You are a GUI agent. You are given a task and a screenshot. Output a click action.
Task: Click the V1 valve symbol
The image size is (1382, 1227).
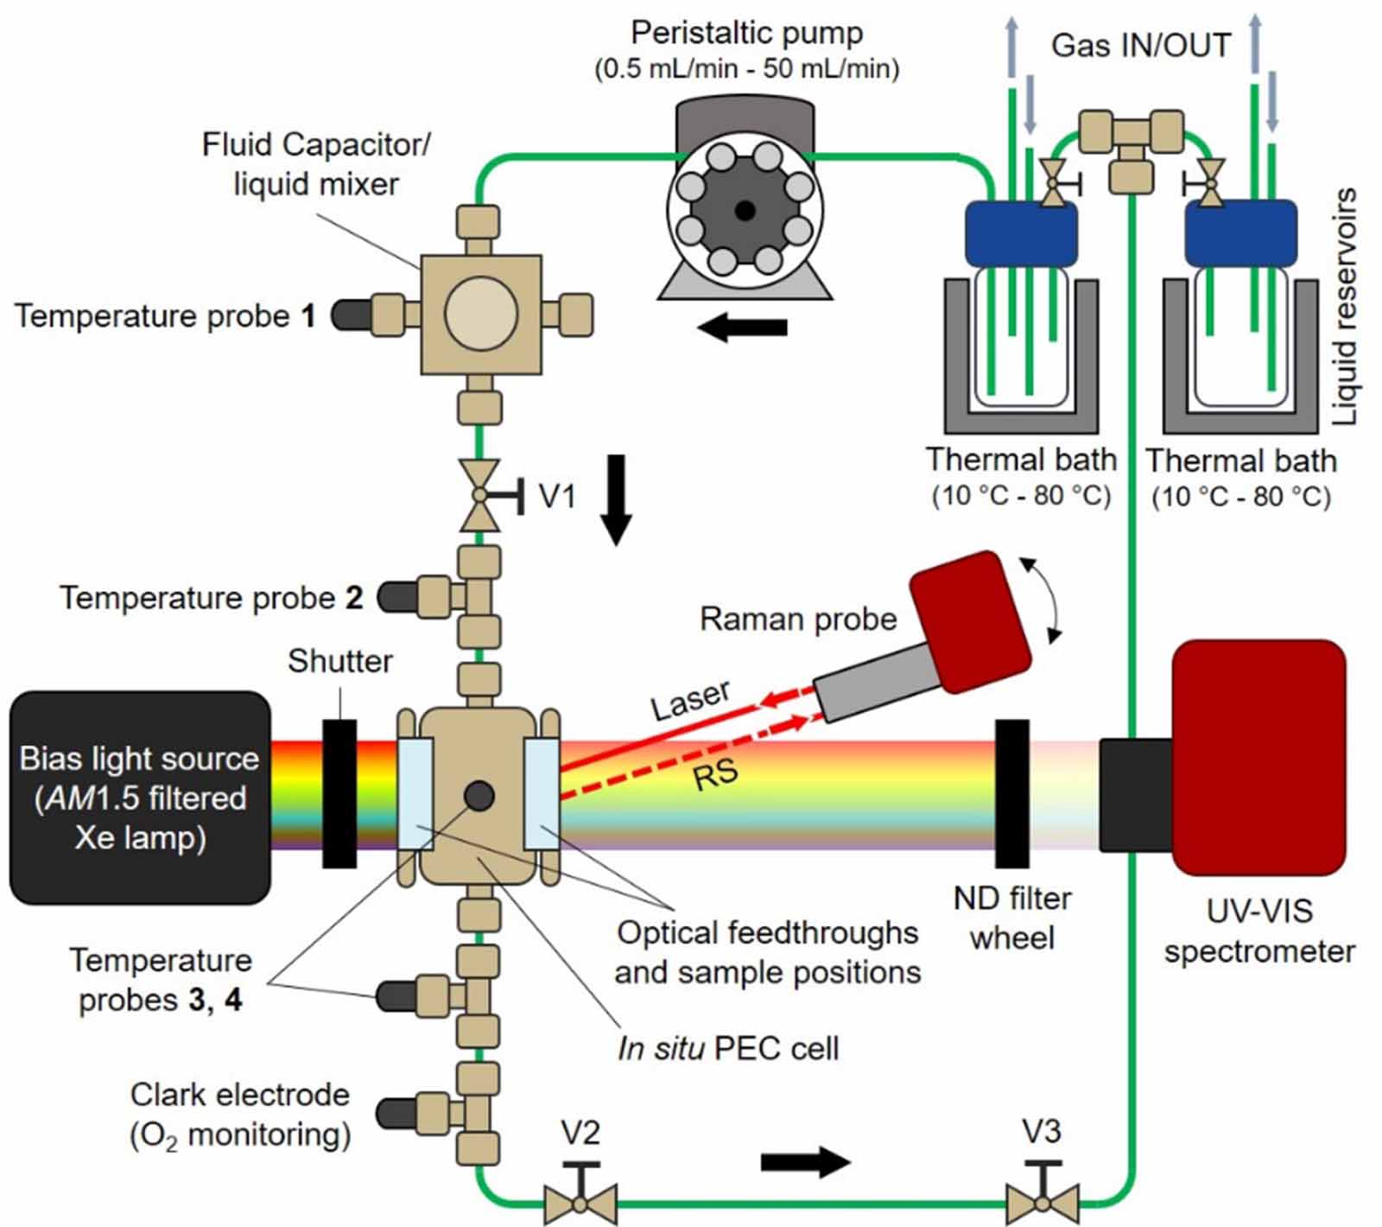pos(479,495)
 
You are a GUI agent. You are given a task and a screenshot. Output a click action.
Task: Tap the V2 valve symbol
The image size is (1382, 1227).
pos(580,1202)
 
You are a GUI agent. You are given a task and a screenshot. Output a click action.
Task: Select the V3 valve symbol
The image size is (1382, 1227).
pos(1043,1202)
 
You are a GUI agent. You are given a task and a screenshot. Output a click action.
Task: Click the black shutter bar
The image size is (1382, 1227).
pos(339,793)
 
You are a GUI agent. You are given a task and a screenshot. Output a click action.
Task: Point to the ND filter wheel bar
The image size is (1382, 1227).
pos(1012,793)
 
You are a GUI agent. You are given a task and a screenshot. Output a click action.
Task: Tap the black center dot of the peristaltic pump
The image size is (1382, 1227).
pos(745,210)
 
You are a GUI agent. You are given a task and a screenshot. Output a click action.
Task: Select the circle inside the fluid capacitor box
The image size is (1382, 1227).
pos(480,314)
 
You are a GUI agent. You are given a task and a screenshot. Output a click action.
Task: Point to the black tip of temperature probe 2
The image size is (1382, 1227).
pos(396,596)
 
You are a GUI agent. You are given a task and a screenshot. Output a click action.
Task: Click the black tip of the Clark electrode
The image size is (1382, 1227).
pos(396,1113)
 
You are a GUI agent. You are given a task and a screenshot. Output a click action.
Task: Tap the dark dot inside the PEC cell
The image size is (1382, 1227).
pos(479,796)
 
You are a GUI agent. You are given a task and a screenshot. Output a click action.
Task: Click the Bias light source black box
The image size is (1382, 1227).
pos(138,798)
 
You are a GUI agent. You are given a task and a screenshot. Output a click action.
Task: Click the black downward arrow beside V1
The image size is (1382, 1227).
pos(616,499)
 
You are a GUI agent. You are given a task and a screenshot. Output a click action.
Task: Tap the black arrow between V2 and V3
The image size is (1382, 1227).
pos(805,1162)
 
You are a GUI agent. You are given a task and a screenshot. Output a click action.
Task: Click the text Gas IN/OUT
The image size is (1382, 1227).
pos(1140,45)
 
